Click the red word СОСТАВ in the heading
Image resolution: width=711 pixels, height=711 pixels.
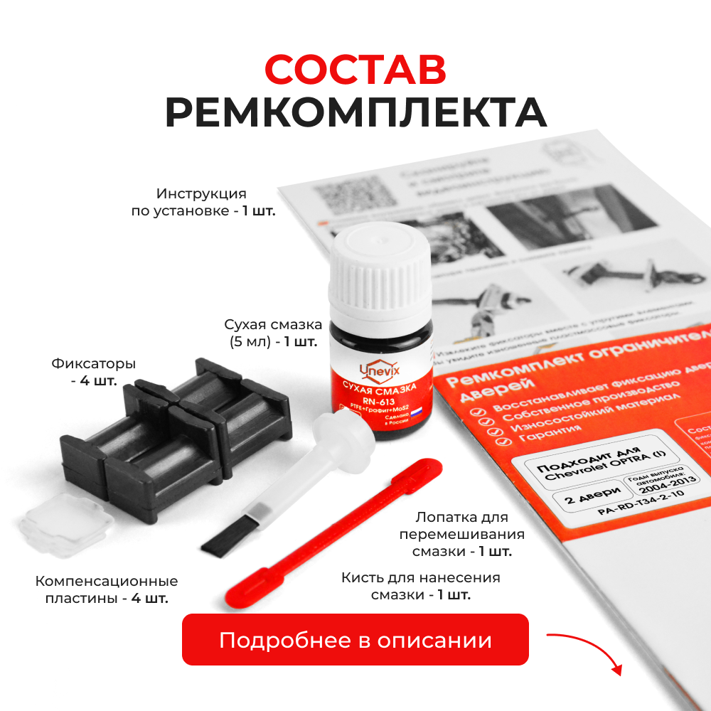(355, 70)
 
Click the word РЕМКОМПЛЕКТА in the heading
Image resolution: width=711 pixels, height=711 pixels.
(355, 113)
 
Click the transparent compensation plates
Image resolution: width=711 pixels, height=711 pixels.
(66, 525)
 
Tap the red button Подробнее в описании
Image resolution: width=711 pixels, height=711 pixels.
(355, 640)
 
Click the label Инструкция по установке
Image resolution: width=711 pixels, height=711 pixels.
(203, 202)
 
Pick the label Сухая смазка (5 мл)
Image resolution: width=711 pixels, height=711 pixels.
(274, 333)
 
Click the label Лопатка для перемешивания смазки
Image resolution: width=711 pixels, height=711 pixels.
(462, 534)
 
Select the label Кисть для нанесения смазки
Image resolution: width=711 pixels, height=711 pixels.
(421, 586)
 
